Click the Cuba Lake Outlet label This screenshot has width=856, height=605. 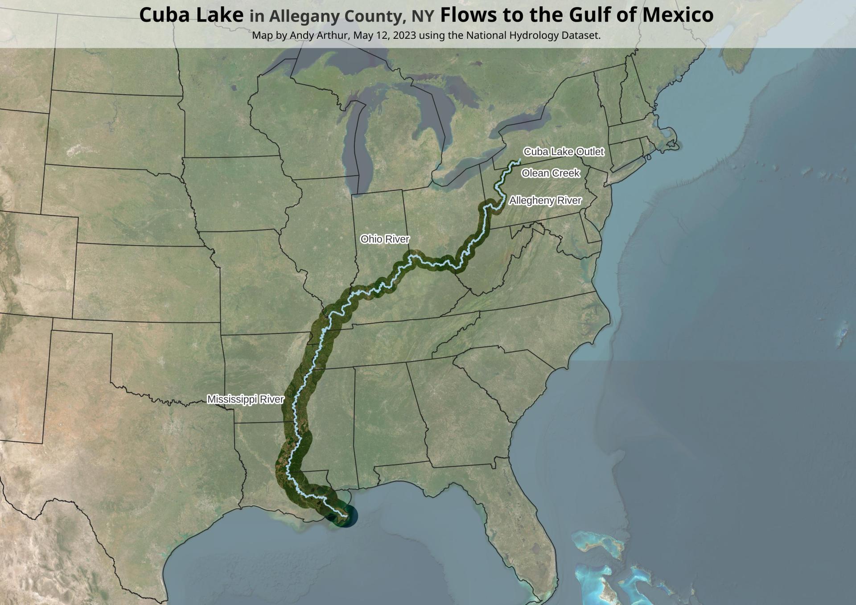coord(564,152)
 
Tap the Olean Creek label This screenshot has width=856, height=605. coord(551,173)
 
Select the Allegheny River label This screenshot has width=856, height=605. coord(545,201)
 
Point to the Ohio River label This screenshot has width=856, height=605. coord(385,239)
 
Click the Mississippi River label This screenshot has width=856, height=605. coord(246,399)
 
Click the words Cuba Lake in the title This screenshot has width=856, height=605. coord(191,15)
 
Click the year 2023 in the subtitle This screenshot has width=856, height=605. coord(405,35)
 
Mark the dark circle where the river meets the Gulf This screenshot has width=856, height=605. coord(344,516)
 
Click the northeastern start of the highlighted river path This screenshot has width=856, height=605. coord(519,160)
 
